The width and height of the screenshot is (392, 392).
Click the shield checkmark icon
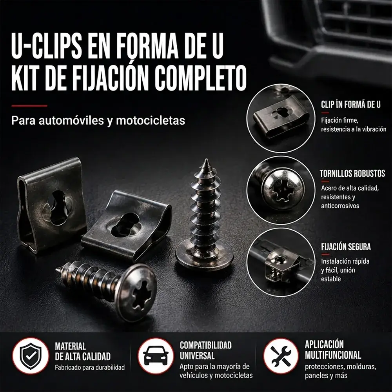(31, 356)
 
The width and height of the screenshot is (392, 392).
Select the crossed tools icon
(281, 356)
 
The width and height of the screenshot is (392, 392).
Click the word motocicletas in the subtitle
(151, 120)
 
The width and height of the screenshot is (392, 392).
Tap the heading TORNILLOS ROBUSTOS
(352, 174)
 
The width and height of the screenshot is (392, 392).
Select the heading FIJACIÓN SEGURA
(346, 247)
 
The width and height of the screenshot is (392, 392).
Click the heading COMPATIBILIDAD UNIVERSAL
(205, 350)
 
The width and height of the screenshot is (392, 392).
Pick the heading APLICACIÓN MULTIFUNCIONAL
(333, 350)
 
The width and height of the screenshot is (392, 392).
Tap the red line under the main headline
(29, 106)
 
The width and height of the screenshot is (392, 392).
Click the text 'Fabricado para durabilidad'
(90, 368)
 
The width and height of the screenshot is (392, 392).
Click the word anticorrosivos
(340, 206)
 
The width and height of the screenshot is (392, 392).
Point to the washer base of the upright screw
(204, 256)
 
